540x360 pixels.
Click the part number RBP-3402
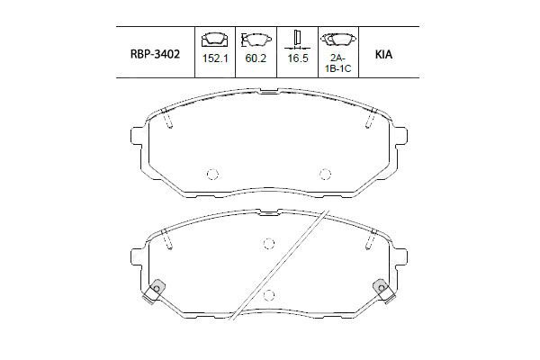155,54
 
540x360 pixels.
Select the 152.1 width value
215,58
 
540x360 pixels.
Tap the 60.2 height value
256,58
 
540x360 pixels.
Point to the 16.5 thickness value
298,58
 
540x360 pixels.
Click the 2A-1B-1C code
338,63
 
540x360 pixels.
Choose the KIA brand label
383,55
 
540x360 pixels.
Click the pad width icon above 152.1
215,40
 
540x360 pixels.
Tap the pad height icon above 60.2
256,40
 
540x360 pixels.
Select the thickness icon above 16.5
297,40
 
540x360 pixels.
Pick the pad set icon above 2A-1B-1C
338,40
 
